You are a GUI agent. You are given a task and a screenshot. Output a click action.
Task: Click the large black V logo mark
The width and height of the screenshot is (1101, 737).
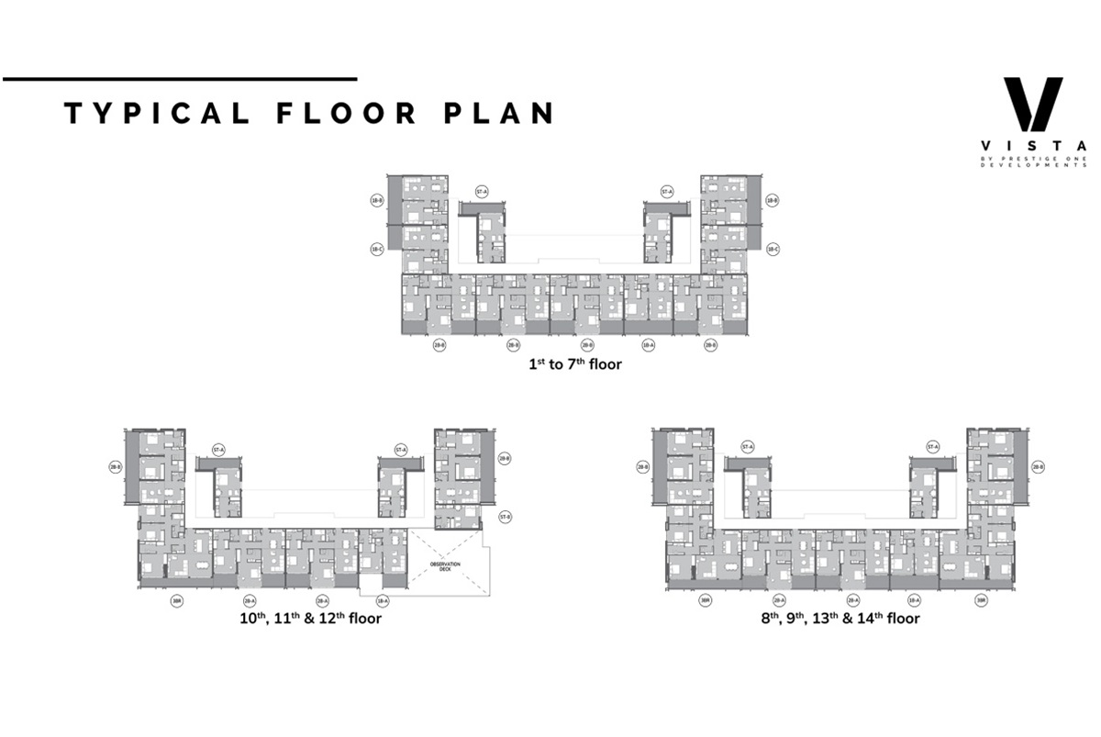1032,104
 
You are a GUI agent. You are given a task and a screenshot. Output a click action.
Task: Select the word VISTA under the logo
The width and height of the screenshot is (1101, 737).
1033,145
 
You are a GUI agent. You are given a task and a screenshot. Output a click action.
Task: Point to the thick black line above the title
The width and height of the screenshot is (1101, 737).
179,79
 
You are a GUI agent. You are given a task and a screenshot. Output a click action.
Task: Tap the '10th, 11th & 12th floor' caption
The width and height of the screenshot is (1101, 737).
307,618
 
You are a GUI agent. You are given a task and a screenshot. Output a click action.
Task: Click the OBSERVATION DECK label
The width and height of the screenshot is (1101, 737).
447,566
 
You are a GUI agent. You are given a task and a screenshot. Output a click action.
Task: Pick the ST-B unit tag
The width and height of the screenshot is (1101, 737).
504,518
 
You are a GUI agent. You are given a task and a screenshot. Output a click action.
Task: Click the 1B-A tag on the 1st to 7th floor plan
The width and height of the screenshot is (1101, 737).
648,346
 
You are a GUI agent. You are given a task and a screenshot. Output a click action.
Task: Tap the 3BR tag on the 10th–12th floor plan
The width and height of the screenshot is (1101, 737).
176,600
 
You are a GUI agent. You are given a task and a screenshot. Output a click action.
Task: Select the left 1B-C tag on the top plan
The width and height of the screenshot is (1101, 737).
376,249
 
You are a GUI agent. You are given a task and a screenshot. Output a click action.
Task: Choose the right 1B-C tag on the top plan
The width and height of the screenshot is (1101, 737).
773,249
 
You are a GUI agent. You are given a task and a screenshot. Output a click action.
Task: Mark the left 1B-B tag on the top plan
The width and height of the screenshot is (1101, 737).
376,199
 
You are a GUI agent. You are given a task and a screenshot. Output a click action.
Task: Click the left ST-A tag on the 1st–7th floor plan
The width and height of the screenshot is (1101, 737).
481,192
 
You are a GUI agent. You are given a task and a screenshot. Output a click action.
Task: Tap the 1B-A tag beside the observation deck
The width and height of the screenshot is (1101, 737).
384,600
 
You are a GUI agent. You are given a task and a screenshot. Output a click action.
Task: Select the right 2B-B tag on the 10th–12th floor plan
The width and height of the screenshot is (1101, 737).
504,457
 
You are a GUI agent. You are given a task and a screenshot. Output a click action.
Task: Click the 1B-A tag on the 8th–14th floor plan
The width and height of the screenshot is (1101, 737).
913,600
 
